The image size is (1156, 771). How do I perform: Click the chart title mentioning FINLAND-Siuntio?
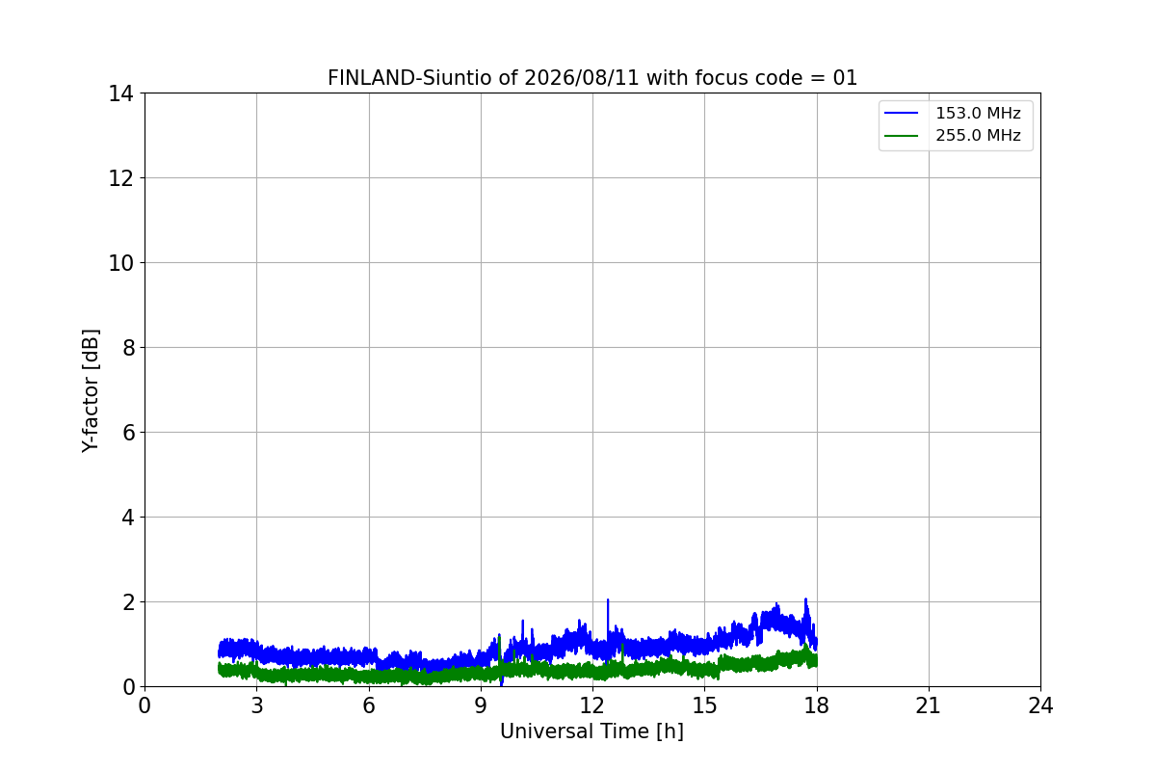(592, 78)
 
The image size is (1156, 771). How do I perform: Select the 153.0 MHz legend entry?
(953, 113)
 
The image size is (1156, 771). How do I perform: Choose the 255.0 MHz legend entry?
(953, 135)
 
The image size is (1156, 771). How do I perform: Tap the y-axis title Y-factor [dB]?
(91, 391)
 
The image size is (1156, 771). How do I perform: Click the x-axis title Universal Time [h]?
(591, 731)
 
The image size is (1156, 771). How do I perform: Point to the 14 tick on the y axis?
(120, 93)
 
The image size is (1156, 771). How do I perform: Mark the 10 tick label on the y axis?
(120, 263)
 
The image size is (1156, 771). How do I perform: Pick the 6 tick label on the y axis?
(128, 432)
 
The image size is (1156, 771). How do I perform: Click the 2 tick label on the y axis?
(128, 602)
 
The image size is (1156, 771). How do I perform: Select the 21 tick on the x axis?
(929, 705)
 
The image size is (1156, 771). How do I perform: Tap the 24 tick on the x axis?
(1040, 705)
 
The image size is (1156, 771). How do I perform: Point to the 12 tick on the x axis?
(592, 705)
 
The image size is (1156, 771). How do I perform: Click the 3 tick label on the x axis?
(257, 705)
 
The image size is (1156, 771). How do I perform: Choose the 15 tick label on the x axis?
(704, 705)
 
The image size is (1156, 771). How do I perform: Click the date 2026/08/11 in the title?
(582, 78)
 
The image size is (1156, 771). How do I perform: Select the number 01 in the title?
(845, 78)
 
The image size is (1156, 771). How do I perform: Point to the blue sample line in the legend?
(901, 113)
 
